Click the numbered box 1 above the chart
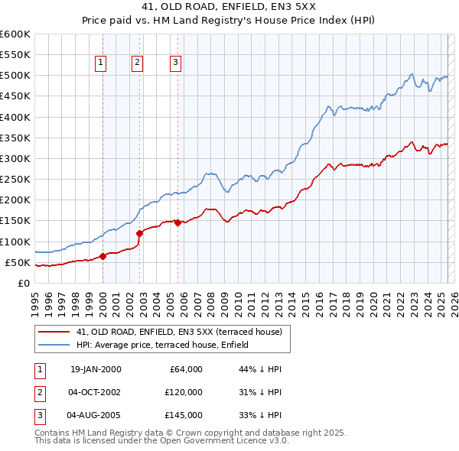click(x=101, y=63)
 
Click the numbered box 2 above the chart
click(x=138, y=63)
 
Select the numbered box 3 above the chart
click(x=175, y=63)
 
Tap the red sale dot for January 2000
click(x=103, y=256)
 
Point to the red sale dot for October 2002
click(x=139, y=233)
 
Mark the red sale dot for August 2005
click(x=177, y=222)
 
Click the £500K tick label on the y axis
click(x=15, y=76)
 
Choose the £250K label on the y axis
click(x=15, y=180)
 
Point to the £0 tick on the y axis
click(x=23, y=283)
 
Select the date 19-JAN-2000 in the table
click(x=96, y=369)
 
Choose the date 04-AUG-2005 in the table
click(x=95, y=415)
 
